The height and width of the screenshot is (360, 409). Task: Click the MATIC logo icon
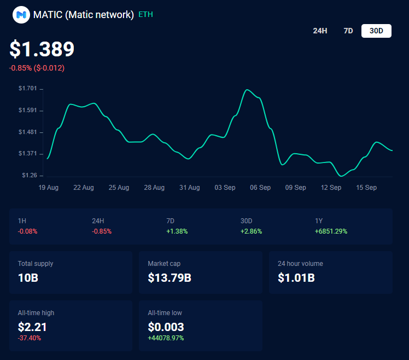pos(21,15)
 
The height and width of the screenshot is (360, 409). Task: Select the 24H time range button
pos(320,31)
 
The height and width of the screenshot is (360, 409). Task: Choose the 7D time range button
pos(348,31)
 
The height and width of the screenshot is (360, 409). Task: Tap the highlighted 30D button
pos(376,31)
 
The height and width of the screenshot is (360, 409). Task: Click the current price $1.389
pos(42,49)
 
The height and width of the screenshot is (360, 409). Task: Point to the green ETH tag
pos(145,15)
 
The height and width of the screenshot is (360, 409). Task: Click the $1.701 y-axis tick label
pos(27,89)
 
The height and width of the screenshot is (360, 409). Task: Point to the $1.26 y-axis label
pos(29,176)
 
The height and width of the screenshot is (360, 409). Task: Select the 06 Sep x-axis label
pos(260,188)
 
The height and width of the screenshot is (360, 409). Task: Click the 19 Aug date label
pos(49,188)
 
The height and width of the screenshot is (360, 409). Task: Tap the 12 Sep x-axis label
pos(331,188)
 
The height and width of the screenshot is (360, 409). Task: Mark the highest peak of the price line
pos(247,90)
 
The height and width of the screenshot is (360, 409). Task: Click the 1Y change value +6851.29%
pos(331,231)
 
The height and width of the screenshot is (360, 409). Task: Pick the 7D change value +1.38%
pos(177,231)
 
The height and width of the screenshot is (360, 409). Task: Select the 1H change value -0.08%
pos(28,231)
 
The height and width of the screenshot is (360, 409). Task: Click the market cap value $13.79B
pos(170,277)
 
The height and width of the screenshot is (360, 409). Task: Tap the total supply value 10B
pos(28,277)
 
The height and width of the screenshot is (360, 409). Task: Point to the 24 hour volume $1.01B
pos(296,277)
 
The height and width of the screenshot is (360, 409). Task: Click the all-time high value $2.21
pos(32,327)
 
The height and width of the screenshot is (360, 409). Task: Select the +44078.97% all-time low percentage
pos(166,338)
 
